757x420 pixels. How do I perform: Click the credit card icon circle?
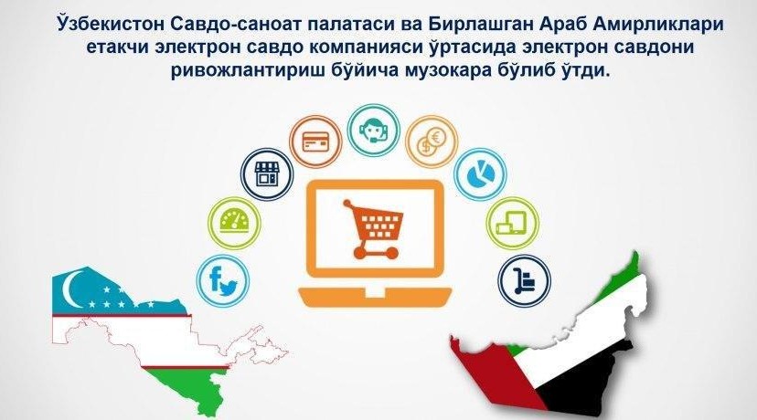point(315,142)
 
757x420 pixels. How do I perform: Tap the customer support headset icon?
point(374,131)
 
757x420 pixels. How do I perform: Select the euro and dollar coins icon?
point(432,142)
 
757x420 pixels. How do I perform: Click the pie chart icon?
point(480,174)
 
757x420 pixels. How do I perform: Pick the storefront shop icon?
point(267,174)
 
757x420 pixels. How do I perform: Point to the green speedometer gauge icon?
point(234,224)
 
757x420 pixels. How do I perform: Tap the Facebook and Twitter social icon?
point(222,281)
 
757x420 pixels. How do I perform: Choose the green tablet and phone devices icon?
point(512,224)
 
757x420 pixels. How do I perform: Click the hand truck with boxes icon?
point(524,281)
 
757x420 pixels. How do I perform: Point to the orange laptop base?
point(375,297)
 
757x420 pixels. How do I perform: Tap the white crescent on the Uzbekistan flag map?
point(72,289)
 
